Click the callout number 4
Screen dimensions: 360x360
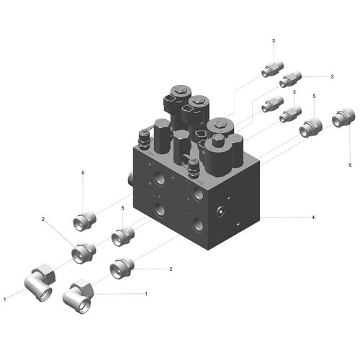point(313,217)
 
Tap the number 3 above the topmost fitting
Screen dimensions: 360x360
point(274,41)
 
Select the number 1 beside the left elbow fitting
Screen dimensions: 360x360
point(5,300)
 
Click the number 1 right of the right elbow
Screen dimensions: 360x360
point(146,294)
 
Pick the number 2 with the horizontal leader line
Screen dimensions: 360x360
point(171,269)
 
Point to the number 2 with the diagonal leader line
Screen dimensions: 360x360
point(43,219)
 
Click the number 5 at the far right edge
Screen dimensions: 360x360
point(350,165)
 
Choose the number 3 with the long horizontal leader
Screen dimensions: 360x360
point(332,76)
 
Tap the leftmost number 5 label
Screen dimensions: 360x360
point(83,173)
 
